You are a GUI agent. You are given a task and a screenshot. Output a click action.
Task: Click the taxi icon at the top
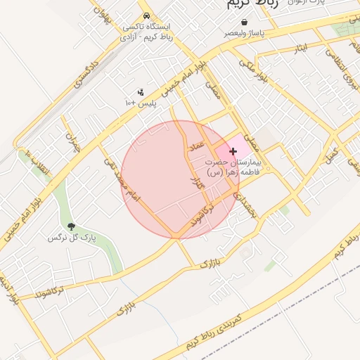pos(146,15)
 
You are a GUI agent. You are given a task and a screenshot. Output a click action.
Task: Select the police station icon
pos(141,92)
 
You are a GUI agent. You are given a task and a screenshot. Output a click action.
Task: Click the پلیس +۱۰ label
pos(141,103)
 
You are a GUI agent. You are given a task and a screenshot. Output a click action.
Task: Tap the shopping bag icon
pos(244,22)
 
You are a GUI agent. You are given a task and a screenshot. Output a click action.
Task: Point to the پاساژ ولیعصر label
pos(245,33)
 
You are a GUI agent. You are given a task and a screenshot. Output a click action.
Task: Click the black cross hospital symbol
pos(233,151)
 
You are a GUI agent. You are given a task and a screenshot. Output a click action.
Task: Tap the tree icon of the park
pos(71,226)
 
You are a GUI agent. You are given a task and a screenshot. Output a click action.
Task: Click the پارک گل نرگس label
pos(71,238)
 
